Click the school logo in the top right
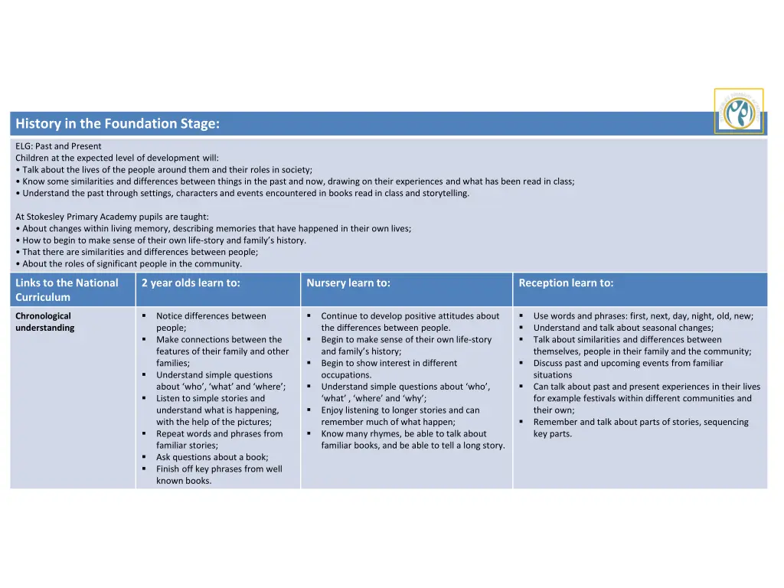pyautogui.click(x=739, y=112)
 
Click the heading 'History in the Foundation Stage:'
pyautogui.click(x=118, y=124)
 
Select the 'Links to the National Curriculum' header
pyautogui.click(x=67, y=290)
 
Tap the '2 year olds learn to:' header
pyautogui.click(x=191, y=283)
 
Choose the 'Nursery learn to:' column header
pyautogui.click(x=348, y=283)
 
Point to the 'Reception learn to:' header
pyautogui.click(x=566, y=283)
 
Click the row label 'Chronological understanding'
pyautogui.click(x=44, y=322)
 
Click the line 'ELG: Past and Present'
pyautogui.click(x=58, y=146)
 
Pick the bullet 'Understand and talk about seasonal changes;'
pyautogui.click(x=623, y=328)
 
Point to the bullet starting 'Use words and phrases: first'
pyautogui.click(x=643, y=316)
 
